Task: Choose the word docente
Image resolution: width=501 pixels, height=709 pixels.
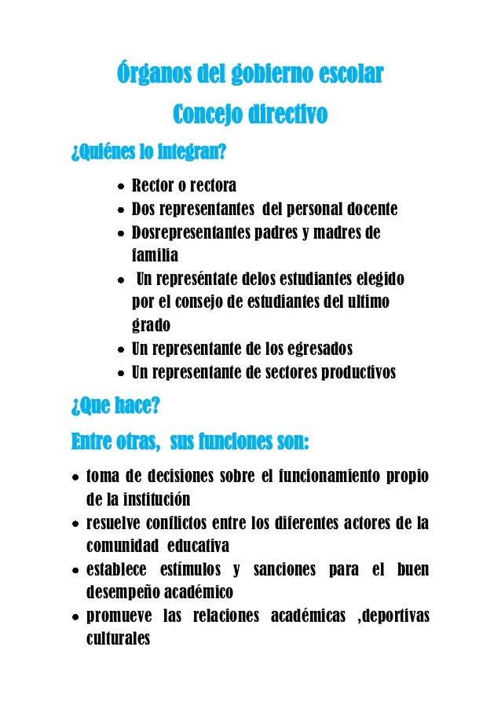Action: coord(371,210)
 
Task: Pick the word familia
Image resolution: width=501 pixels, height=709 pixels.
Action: coord(155,256)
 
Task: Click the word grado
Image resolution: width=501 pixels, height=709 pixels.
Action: coord(150,325)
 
